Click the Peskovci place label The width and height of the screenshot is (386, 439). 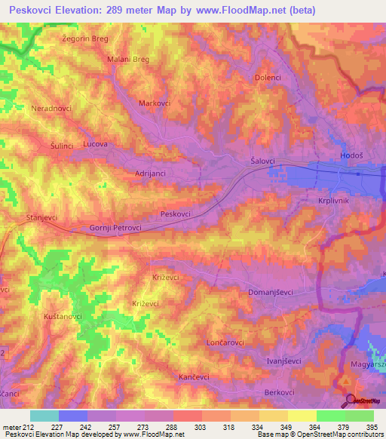pyautogui.click(x=176, y=214)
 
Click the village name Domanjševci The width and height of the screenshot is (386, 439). pyautogui.click(x=270, y=291)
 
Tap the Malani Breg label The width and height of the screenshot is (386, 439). pyautogui.click(x=128, y=60)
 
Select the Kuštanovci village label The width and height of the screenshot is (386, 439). pyautogui.click(x=63, y=316)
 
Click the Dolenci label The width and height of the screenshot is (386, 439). pyautogui.click(x=268, y=77)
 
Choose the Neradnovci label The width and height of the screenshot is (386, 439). pyautogui.click(x=51, y=108)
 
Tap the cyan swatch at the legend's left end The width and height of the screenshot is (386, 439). pyautogui.click(x=44, y=416)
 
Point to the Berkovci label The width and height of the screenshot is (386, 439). pyautogui.click(x=279, y=392)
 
